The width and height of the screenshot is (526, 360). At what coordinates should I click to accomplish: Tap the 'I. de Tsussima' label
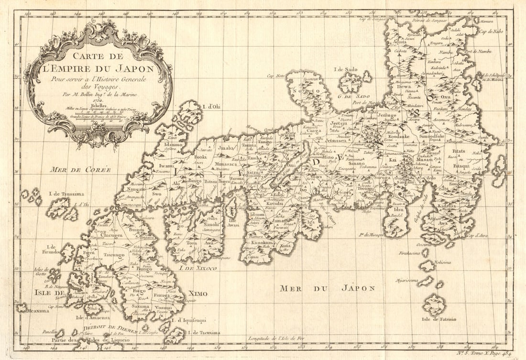[x=66, y=194]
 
